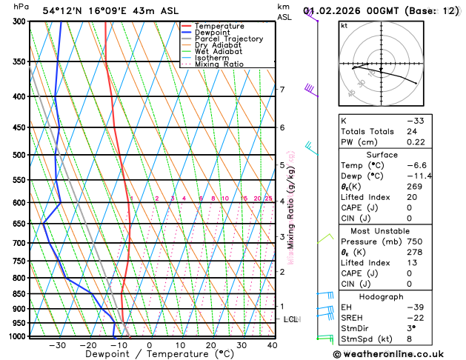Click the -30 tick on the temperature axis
(57, 345)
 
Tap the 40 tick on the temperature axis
(273, 345)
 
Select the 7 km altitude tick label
(282, 90)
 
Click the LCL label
(291, 319)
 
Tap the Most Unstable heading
(382, 231)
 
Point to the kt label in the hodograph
(344, 26)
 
